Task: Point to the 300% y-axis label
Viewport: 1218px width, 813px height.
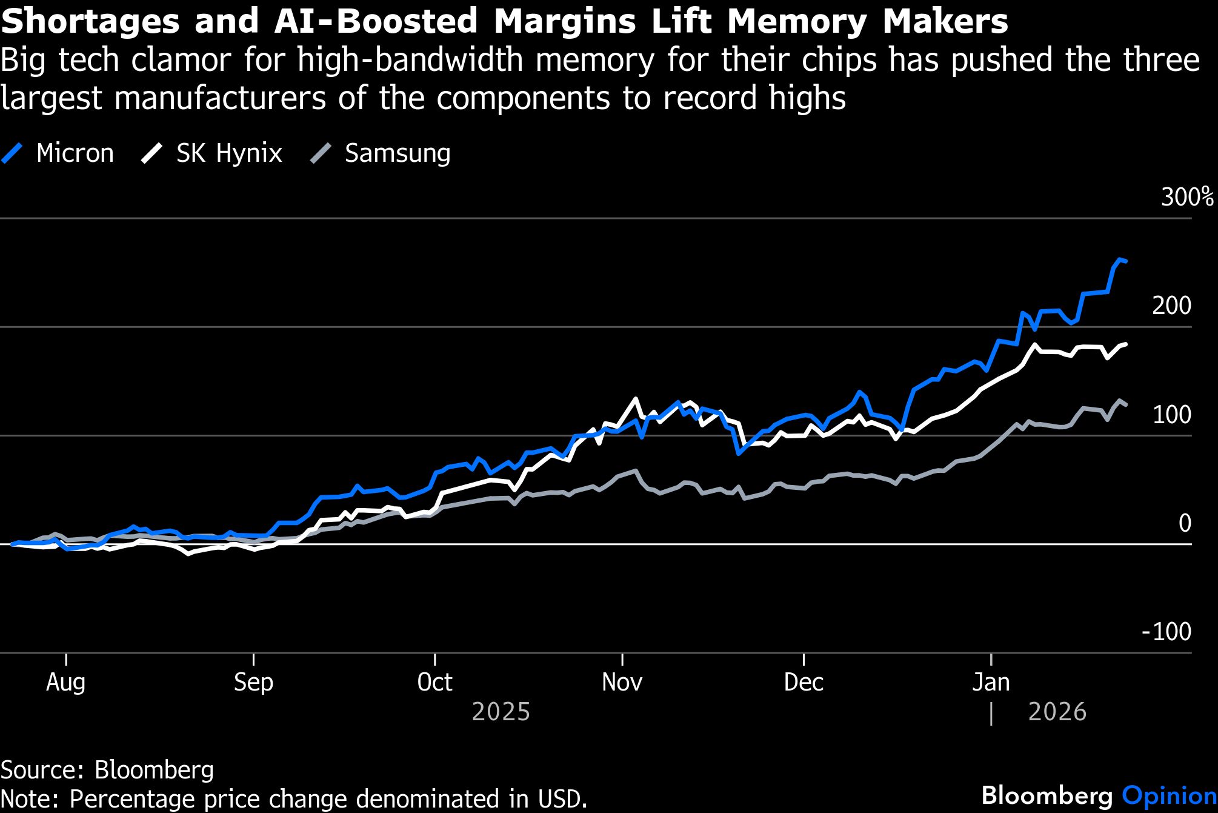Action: [x=1186, y=197]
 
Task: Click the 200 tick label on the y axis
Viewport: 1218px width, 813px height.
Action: [x=1171, y=306]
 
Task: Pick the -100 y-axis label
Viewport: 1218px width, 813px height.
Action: [x=1166, y=632]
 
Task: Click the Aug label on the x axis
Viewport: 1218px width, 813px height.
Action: [x=65, y=683]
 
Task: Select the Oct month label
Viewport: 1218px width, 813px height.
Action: [x=434, y=683]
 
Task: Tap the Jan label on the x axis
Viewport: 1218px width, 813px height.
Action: [x=991, y=683]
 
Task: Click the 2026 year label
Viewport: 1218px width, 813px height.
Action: [x=1057, y=712]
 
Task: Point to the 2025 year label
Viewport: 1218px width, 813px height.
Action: [x=501, y=712]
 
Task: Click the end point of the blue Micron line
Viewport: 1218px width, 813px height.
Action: [x=1125, y=261]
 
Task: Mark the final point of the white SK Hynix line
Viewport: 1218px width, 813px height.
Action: [x=1125, y=344]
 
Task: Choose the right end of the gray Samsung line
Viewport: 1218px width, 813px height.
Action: [x=1125, y=405]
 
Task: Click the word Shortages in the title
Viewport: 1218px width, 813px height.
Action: [x=91, y=22]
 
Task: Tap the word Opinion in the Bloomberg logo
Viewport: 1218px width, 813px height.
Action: [x=1168, y=795]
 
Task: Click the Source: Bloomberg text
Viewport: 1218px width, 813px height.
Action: [x=107, y=770]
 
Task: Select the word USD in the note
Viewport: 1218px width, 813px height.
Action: [x=563, y=798]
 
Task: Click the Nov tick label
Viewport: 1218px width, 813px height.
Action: [x=622, y=683]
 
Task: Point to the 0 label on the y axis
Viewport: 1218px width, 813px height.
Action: [x=1184, y=523]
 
